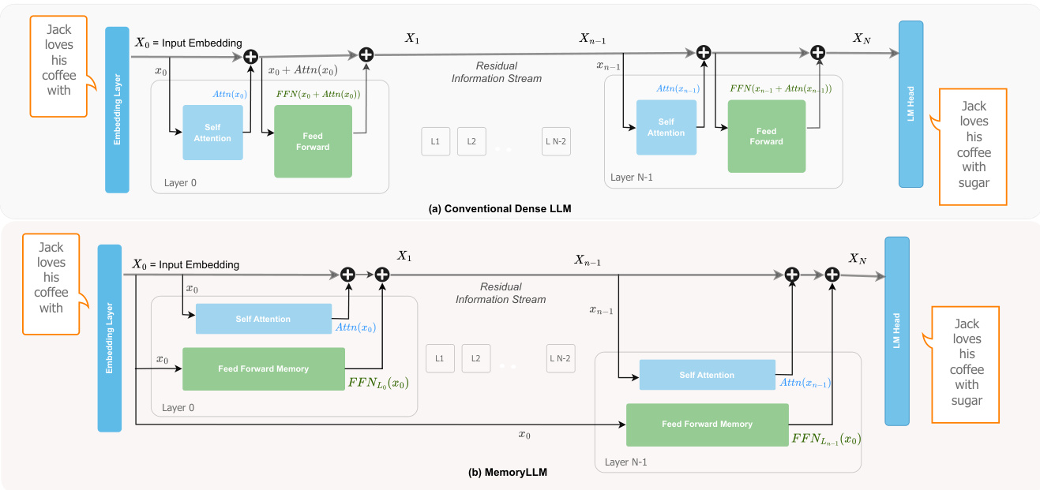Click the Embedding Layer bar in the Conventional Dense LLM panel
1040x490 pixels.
coord(117,110)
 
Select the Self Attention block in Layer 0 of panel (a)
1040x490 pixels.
coord(212,133)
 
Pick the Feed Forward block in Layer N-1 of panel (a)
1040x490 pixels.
coord(766,136)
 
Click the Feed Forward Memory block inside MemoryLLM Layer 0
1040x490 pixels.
coord(263,368)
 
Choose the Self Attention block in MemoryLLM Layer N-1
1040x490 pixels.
coord(707,375)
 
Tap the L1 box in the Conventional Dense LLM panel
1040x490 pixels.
coord(435,141)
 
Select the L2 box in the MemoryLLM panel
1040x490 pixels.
coord(476,358)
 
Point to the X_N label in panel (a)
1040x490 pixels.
coord(862,39)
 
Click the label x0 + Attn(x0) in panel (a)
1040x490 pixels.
coord(303,70)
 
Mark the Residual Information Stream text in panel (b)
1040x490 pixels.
coord(500,293)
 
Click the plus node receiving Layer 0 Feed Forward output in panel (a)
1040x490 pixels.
coord(366,54)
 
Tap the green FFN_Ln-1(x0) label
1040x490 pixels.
coord(825,439)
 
